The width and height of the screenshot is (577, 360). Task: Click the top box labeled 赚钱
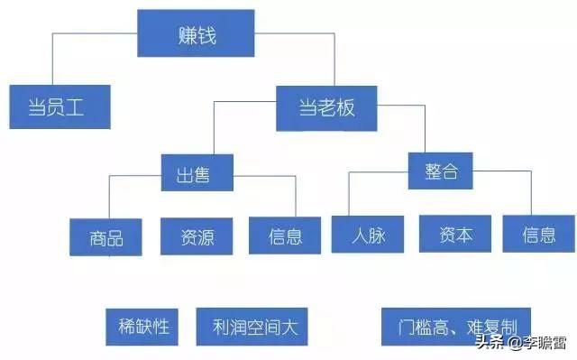(x=195, y=35)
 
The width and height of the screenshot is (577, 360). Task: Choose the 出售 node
(x=197, y=172)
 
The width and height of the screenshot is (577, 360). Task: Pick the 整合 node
(x=440, y=171)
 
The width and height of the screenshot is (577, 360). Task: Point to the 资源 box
(x=198, y=235)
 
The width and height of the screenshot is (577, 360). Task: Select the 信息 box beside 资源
(x=285, y=236)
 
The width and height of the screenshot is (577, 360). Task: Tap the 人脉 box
(x=371, y=235)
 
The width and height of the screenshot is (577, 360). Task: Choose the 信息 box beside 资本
(x=539, y=235)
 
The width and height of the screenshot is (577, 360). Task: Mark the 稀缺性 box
(x=143, y=325)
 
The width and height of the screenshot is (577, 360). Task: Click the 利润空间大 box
(x=252, y=326)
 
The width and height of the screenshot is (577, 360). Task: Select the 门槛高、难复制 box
(x=454, y=325)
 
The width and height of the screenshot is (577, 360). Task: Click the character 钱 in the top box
(x=209, y=35)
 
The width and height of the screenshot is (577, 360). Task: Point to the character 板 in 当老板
(x=343, y=108)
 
